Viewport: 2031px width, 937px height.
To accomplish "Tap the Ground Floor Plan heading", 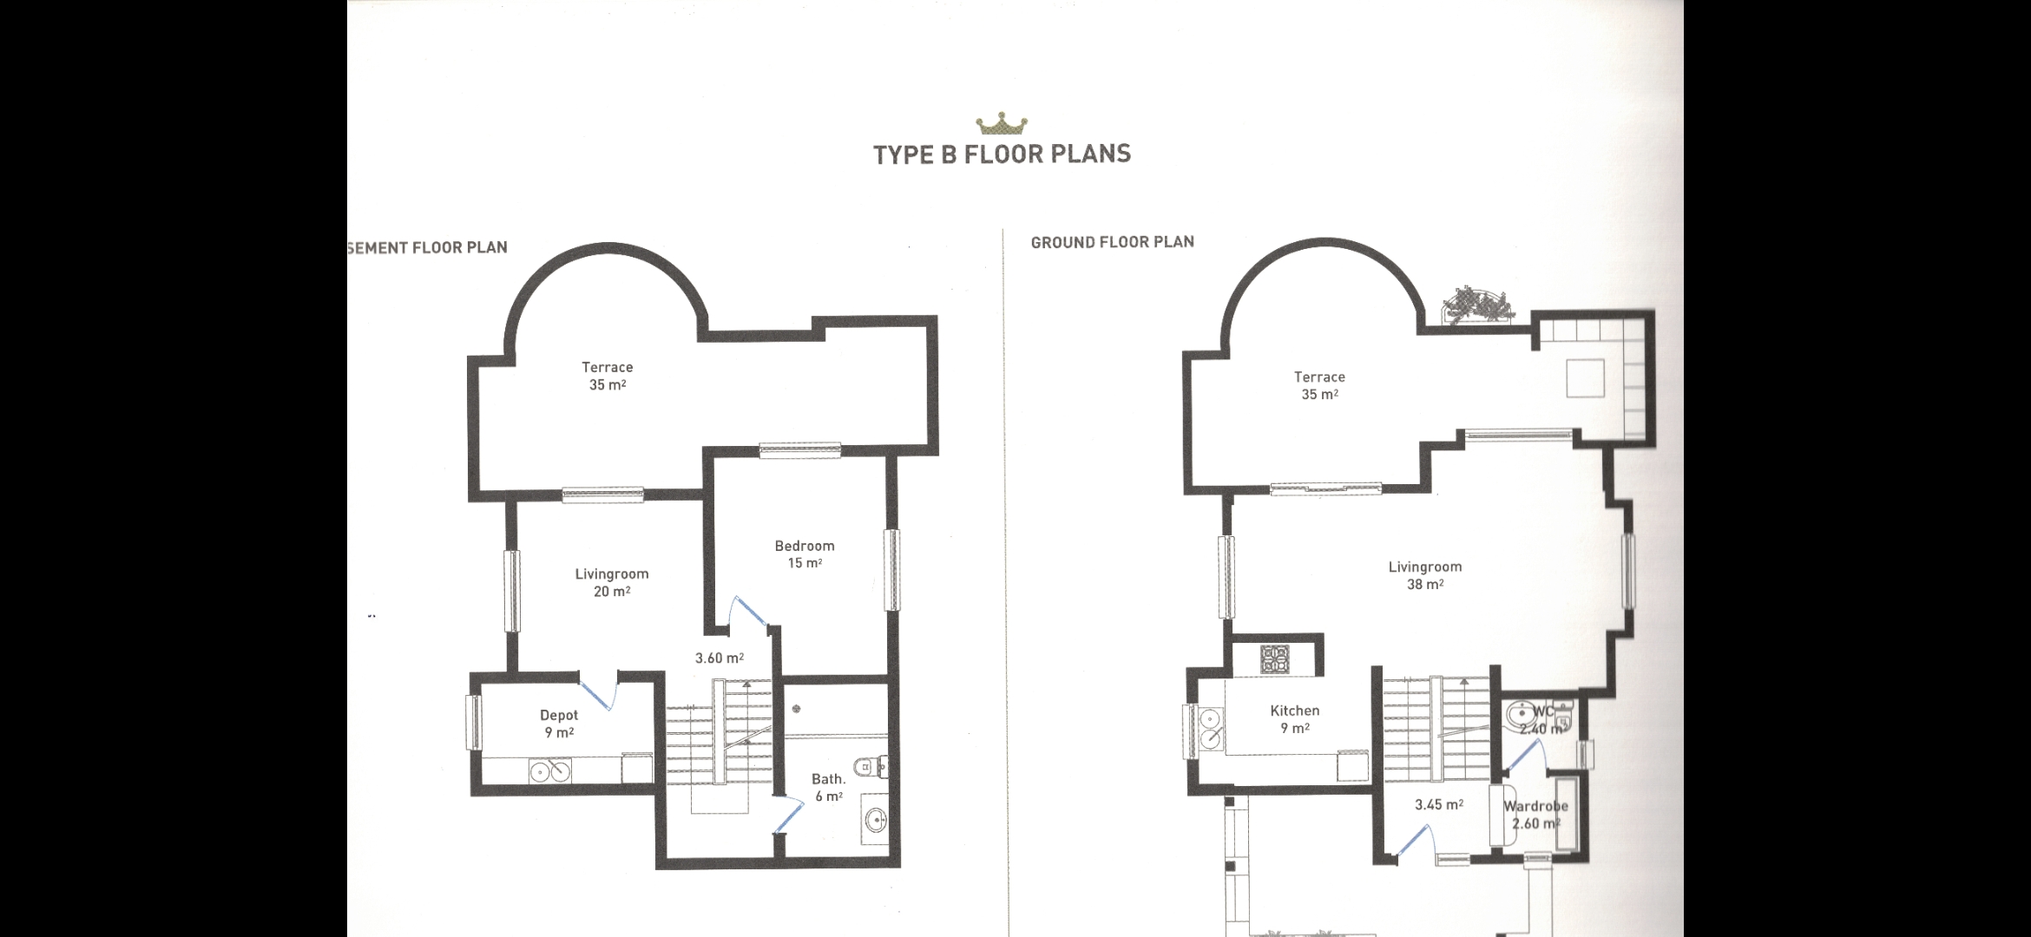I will click(x=1112, y=242).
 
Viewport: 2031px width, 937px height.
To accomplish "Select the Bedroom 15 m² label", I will click(x=804, y=554).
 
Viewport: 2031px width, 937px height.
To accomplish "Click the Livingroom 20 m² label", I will click(x=611, y=582).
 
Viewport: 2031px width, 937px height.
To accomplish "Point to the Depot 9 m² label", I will click(x=558, y=724).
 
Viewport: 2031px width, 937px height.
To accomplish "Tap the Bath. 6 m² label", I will click(x=828, y=788).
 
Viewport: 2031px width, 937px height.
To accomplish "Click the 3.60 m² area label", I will click(x=719, y=659).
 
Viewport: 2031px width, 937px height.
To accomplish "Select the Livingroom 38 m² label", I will click(x=1424, y=575).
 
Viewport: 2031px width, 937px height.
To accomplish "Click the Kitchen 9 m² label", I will click(x=1294, y=719).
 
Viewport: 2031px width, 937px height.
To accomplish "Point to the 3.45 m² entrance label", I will click(x=1438, y=805).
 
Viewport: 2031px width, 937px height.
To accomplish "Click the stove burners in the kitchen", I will click(x=1274, y=659).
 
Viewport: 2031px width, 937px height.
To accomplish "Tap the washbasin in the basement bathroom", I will click(x=875, y=819).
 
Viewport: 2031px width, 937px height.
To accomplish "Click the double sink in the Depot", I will click(x=550, y=770).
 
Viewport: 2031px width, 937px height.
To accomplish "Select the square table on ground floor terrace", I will click(x=1584, y=378).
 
